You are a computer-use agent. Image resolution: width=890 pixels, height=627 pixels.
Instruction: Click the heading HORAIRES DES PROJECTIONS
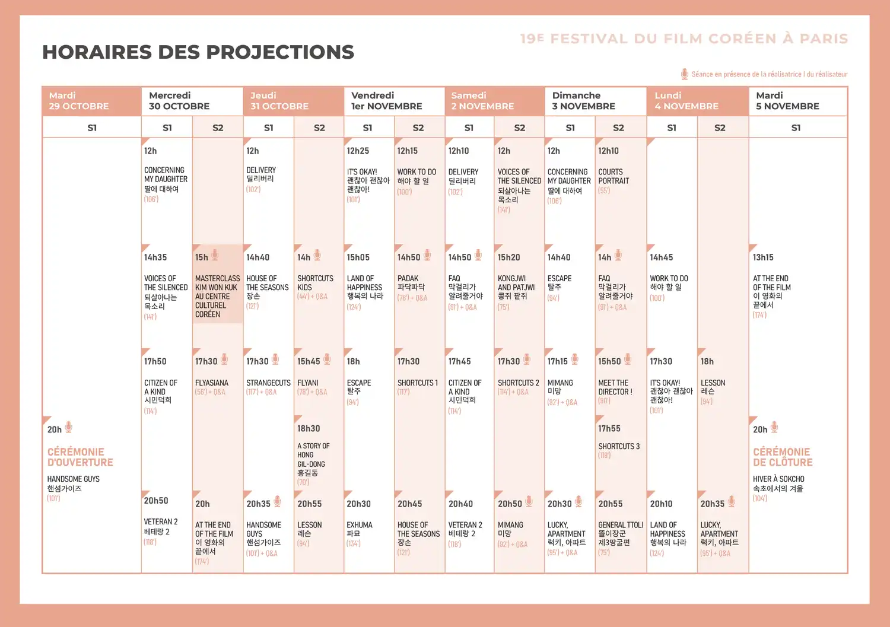[x=198, y=52]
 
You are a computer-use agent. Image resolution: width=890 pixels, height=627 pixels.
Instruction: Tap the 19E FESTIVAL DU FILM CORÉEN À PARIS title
[x=684, y=39]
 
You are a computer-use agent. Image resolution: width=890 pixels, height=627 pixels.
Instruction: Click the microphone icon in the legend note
[x=685, y=74]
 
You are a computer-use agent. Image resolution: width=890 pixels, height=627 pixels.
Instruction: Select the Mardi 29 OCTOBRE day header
[x=79, y=101]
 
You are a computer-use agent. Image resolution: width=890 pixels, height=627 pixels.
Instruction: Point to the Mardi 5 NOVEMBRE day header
[x=787, y=101]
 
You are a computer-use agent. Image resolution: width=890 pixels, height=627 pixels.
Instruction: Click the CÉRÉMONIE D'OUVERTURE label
[x=80, y=457]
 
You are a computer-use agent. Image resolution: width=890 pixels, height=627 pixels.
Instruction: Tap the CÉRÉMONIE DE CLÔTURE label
[x=783, y=457]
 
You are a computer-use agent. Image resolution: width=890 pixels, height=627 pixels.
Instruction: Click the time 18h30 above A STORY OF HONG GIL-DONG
[x=309, y=428]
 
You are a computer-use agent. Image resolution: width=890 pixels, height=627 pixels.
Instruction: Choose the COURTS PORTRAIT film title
[x=614, y=176]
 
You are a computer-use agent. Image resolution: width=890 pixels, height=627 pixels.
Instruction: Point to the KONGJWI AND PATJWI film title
[x=516, y=283]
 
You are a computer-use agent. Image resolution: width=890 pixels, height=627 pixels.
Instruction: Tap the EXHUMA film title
[x=360, y=525]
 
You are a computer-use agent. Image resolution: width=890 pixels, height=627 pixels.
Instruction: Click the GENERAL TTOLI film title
[x=621, y=525]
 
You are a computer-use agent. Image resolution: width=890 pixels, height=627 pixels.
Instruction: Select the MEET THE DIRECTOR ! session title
[x=615, y=387]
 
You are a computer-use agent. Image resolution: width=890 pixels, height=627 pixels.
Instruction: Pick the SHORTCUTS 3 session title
[x=619, y=446]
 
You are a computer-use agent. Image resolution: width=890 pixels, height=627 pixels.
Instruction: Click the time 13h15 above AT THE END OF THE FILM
[x=763, y=257]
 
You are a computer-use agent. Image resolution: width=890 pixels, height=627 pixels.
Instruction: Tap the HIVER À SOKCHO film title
[x=778, y=479]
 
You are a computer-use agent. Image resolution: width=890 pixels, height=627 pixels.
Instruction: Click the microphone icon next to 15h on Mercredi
[x=215, y=255]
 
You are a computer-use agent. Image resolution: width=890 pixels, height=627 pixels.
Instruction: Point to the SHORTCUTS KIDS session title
[x=315, y=283]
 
